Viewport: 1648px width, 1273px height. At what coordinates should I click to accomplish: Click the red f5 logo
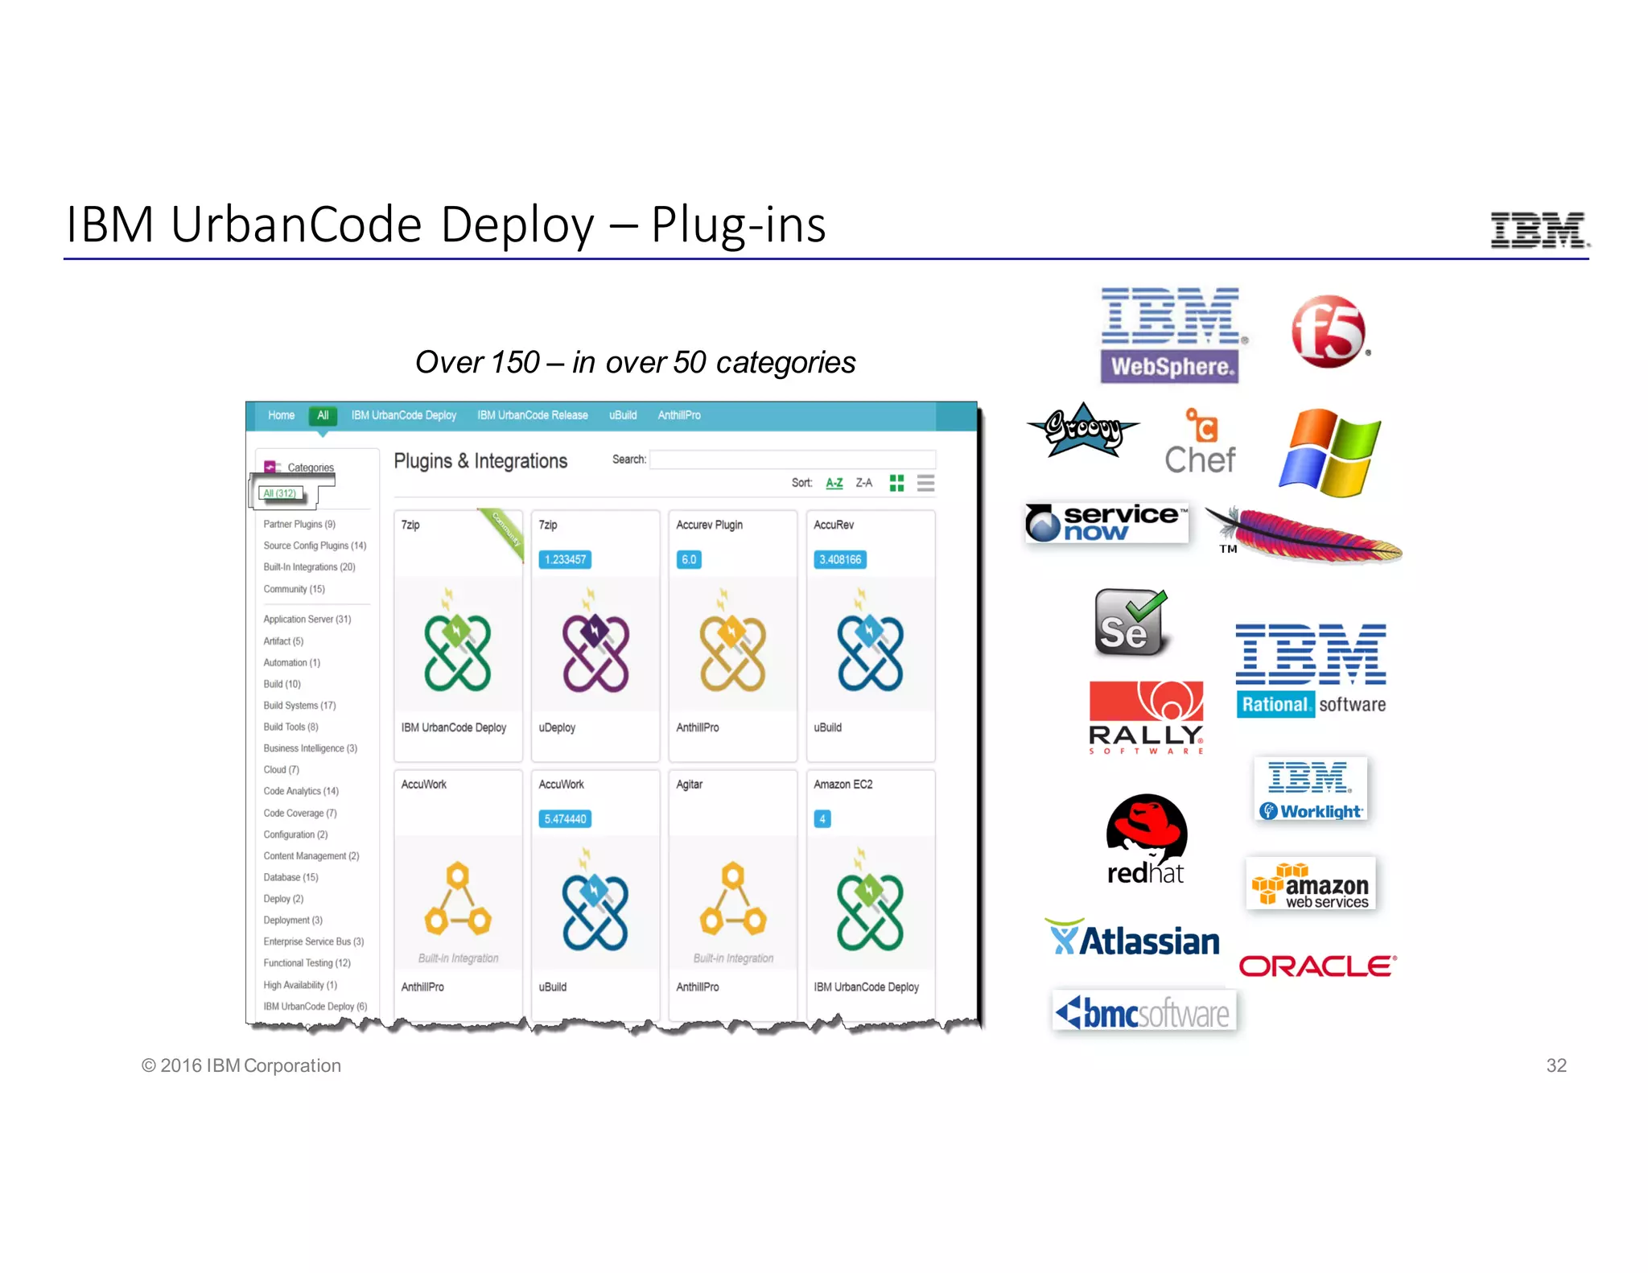click(x=1329, y=332)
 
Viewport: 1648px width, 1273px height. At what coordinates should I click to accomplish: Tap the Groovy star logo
click(x=1083, y=430)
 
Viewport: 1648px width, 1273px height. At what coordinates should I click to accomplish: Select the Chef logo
click(x=1200, y=443)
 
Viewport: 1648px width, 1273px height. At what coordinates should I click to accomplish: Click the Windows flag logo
click(x=1330, y=452)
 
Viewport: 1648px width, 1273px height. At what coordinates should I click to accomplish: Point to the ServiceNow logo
click(x=1106, y=522)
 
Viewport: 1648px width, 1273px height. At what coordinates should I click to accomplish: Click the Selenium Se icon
click(x=1130, y=623)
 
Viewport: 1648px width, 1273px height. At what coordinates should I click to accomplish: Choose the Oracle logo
click(x=1317, y=966)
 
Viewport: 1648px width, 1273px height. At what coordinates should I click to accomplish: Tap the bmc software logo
click(x=1143, y=1012)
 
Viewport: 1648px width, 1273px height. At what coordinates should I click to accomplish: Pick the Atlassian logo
click(x=1134, y=939)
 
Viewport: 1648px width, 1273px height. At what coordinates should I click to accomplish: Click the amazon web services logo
click(x=1311, y=884)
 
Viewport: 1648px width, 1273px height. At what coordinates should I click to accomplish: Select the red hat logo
click(x=1146, y=839)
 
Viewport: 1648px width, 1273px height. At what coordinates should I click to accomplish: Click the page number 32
click(x=1555, y=1065)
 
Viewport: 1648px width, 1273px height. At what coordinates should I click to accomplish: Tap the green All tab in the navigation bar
click(x=323, y=415)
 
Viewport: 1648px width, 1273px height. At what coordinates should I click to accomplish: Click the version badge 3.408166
click(x=839, y=559)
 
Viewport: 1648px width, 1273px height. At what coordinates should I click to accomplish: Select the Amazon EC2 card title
click(x=843, y=785)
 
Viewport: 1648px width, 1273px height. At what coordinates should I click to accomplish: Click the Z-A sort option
click(x=863, y=483)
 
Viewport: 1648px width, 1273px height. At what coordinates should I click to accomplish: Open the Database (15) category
click(x=290, y=877)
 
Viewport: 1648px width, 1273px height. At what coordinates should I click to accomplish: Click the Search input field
click(x=792, y=459)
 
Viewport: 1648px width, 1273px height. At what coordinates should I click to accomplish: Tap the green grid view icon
click(x=896, y=483)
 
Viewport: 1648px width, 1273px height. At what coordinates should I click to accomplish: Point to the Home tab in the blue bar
click(x=281, y=415)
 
